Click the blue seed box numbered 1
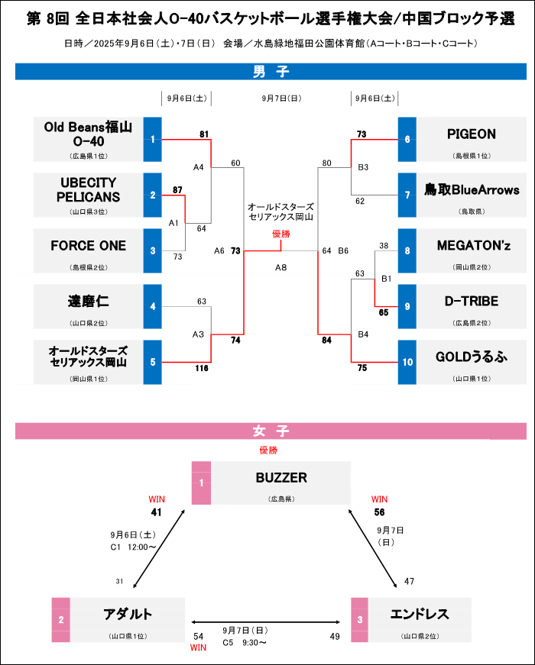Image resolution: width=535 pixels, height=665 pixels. pos(153,140)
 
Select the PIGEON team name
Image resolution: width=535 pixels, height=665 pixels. pos(471,134)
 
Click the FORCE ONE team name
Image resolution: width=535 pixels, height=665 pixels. pos(89,246)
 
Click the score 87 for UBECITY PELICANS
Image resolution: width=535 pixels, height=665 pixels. pos(177,189)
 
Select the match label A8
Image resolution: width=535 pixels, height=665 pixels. pos(280,267)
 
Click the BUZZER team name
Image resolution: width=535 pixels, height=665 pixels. pos(280,478)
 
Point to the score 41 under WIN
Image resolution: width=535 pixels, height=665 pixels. pos(157,512)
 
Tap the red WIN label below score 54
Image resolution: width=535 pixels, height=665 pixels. pos(199,647)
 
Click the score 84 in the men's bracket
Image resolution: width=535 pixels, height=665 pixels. pos(328,340)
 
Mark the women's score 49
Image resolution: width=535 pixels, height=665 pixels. pos(335,636)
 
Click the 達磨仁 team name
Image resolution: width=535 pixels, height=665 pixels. pos(89,302)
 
